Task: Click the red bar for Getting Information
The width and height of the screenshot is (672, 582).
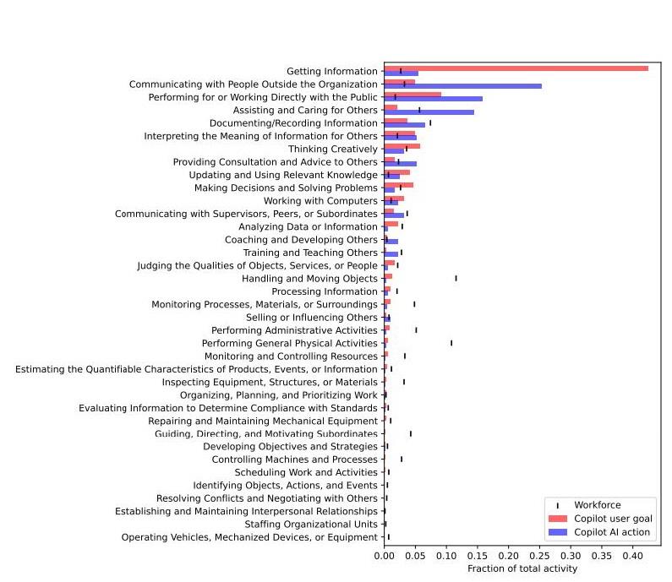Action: pyautogui.click(x=516, y=68)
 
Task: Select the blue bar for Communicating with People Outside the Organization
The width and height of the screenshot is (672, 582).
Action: pyautogui.click(x=462, y=86)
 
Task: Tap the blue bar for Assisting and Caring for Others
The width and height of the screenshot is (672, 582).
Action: pyautogui.click(x=429, y=112)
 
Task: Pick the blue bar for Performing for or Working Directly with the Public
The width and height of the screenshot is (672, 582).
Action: pyautogui.click(x=433, y=99)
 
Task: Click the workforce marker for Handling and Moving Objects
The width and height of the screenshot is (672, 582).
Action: pyautogui.click(x=456, y=278)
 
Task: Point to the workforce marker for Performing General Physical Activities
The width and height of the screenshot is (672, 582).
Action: pyautogui.click(x=451, y=343)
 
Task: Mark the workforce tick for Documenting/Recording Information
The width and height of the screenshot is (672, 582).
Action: pyautogui.click(x=430, y=122)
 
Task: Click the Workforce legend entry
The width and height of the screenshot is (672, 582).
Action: pyautogui.click(x=597, y=505)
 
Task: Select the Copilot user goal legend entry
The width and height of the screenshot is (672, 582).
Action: pyautogui.click(x=612, y=519)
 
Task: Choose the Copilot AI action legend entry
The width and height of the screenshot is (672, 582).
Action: pyautogui.click(x=612, y=532)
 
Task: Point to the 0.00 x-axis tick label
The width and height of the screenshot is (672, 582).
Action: pyautogui.click(x=384, y=558)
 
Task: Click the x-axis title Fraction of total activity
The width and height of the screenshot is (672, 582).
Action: pyautogui.click(x=522, y=569)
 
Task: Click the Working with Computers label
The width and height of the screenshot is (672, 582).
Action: pyautogui.click(x=320, y=201)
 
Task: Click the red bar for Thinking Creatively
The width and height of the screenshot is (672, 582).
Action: pyautogui.click(x=402, y=146)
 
